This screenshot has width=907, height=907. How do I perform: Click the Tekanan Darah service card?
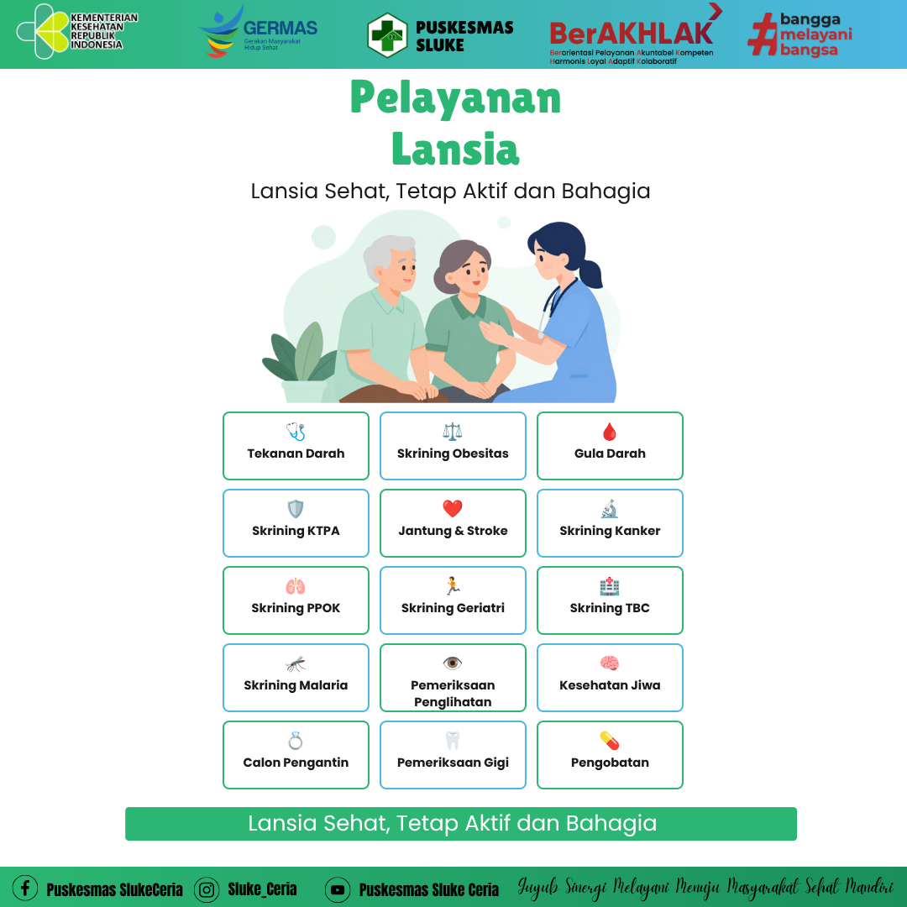click(x=296, y=445)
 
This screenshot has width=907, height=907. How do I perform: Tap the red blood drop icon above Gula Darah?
click(x=610, y=432)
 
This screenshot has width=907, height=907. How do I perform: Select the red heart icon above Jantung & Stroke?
click(x=453, y=508)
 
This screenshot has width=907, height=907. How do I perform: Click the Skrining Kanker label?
click(x=610, y=531)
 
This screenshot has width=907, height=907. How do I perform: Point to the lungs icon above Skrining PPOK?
click(x=296, y=586)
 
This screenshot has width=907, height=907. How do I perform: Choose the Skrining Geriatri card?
click(x=453, y=600)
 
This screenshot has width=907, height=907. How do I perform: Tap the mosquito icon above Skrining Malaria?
click(x=296, y=663)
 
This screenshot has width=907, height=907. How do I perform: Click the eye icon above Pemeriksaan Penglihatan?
click(x=453, y=663)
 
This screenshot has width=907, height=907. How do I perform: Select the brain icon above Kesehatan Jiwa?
click(x=610, y=663)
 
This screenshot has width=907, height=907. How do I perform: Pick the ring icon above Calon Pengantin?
click(x=296, y=741)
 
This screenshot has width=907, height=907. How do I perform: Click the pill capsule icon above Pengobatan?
click(x=610, y=741)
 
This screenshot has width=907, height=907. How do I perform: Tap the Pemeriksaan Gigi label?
click(x=453, y=763)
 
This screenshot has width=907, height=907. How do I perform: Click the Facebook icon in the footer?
click(x=25, y=888)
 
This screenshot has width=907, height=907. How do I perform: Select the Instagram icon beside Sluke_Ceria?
click(x=207, y=889)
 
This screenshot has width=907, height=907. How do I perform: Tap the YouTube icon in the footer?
click(x=338, y=889)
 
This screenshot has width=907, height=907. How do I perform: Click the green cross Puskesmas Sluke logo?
click(x=387, y=35)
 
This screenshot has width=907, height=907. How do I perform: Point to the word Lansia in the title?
click(x=455, y=149)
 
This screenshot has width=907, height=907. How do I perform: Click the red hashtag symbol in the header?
click(x=763, y=34)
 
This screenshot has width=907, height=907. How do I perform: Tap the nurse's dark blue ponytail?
click(x=591, y=274)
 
